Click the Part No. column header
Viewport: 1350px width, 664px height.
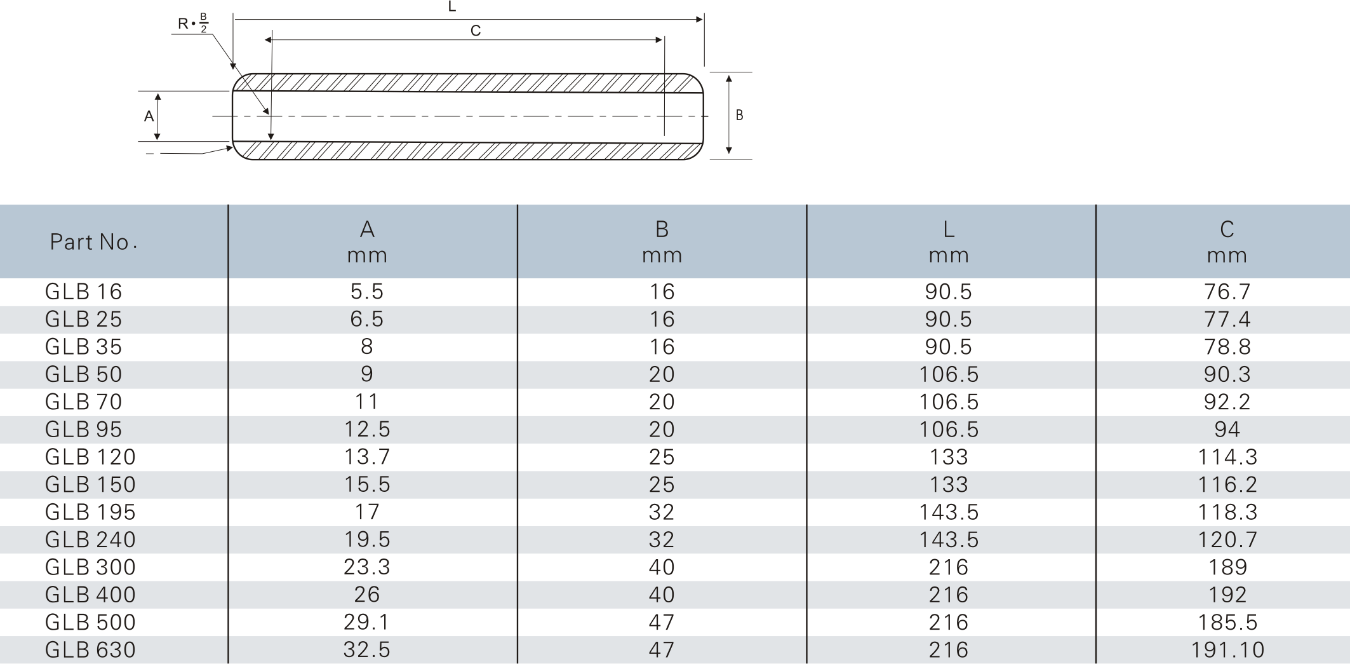(93, 242)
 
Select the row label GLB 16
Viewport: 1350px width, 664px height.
(83, 292)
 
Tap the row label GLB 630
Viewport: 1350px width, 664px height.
(90, 650)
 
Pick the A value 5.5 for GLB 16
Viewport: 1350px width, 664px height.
(367, 292)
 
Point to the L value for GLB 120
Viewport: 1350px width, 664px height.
(949, 457)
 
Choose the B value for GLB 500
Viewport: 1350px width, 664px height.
(662, 622)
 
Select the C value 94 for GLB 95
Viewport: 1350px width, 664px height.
(1227, 430)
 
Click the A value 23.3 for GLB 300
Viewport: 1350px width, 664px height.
(367, 567)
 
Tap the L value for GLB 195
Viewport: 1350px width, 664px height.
(949, 512)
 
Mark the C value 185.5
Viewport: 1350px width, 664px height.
(1227, 622)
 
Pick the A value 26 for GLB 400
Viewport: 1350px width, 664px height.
(367, 595)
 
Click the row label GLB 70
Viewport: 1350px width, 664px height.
(83, 402)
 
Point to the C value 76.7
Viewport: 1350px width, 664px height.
(1227, 292)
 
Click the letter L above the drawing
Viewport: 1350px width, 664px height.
(452, 7)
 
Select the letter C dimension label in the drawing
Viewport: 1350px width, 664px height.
(476, 30)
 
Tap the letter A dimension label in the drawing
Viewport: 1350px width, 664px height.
(149, 116)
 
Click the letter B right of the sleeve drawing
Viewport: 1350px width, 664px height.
(739, 115)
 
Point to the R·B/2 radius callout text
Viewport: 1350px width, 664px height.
(193, 24)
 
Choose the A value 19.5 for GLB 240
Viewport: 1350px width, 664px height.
(367, 539)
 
